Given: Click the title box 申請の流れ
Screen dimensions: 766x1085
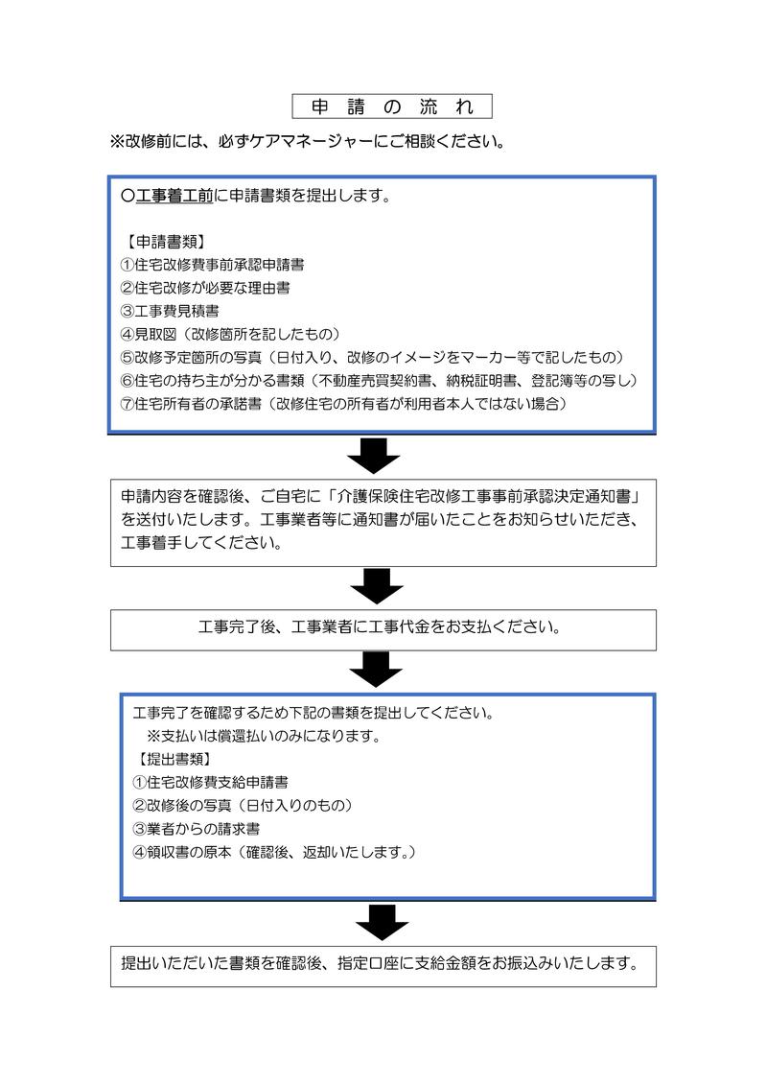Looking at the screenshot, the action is [392, 106].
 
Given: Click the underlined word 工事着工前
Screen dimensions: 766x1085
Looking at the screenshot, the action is [174, 196].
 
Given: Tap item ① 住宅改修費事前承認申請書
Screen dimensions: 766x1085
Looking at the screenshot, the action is [212, 265].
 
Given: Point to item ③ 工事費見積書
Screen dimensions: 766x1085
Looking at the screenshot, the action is [170, 312].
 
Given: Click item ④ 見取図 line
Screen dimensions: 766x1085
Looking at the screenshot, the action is [231, 334].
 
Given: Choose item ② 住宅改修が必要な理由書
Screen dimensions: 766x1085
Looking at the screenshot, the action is [205, 288].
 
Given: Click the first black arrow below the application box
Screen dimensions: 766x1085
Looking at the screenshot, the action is [373, 456].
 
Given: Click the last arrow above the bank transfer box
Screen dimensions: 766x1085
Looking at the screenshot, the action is [383, 922].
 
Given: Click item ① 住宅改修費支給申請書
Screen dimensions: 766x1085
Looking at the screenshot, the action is [210, 783].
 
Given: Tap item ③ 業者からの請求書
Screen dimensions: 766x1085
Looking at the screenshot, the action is [197, 829].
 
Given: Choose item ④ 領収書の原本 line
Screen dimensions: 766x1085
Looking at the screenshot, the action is [274, 852].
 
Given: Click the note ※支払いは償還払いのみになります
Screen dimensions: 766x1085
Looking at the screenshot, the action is [264, 736].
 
